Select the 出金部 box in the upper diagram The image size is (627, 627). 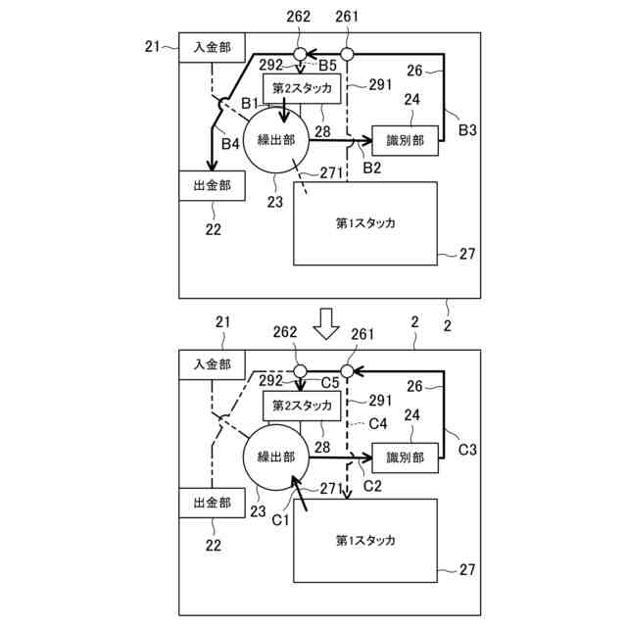click(212, 185)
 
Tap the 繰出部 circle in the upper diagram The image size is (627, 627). click(275, 140)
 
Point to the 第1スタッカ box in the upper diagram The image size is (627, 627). click(364, 222)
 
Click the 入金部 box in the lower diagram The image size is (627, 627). click(212, 364)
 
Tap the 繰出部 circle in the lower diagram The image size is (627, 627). click(275, 457)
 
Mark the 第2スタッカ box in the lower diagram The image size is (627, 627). click(303, 406)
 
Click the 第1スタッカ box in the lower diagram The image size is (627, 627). click(364, 540)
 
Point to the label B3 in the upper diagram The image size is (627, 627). click(467, 129)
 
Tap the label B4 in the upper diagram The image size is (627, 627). click(229, 144)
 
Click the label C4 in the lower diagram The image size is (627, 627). click(378, 423)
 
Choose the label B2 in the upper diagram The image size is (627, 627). click(372, 169)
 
